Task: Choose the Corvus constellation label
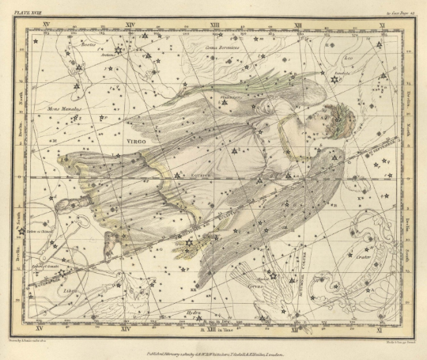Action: (255, 284)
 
